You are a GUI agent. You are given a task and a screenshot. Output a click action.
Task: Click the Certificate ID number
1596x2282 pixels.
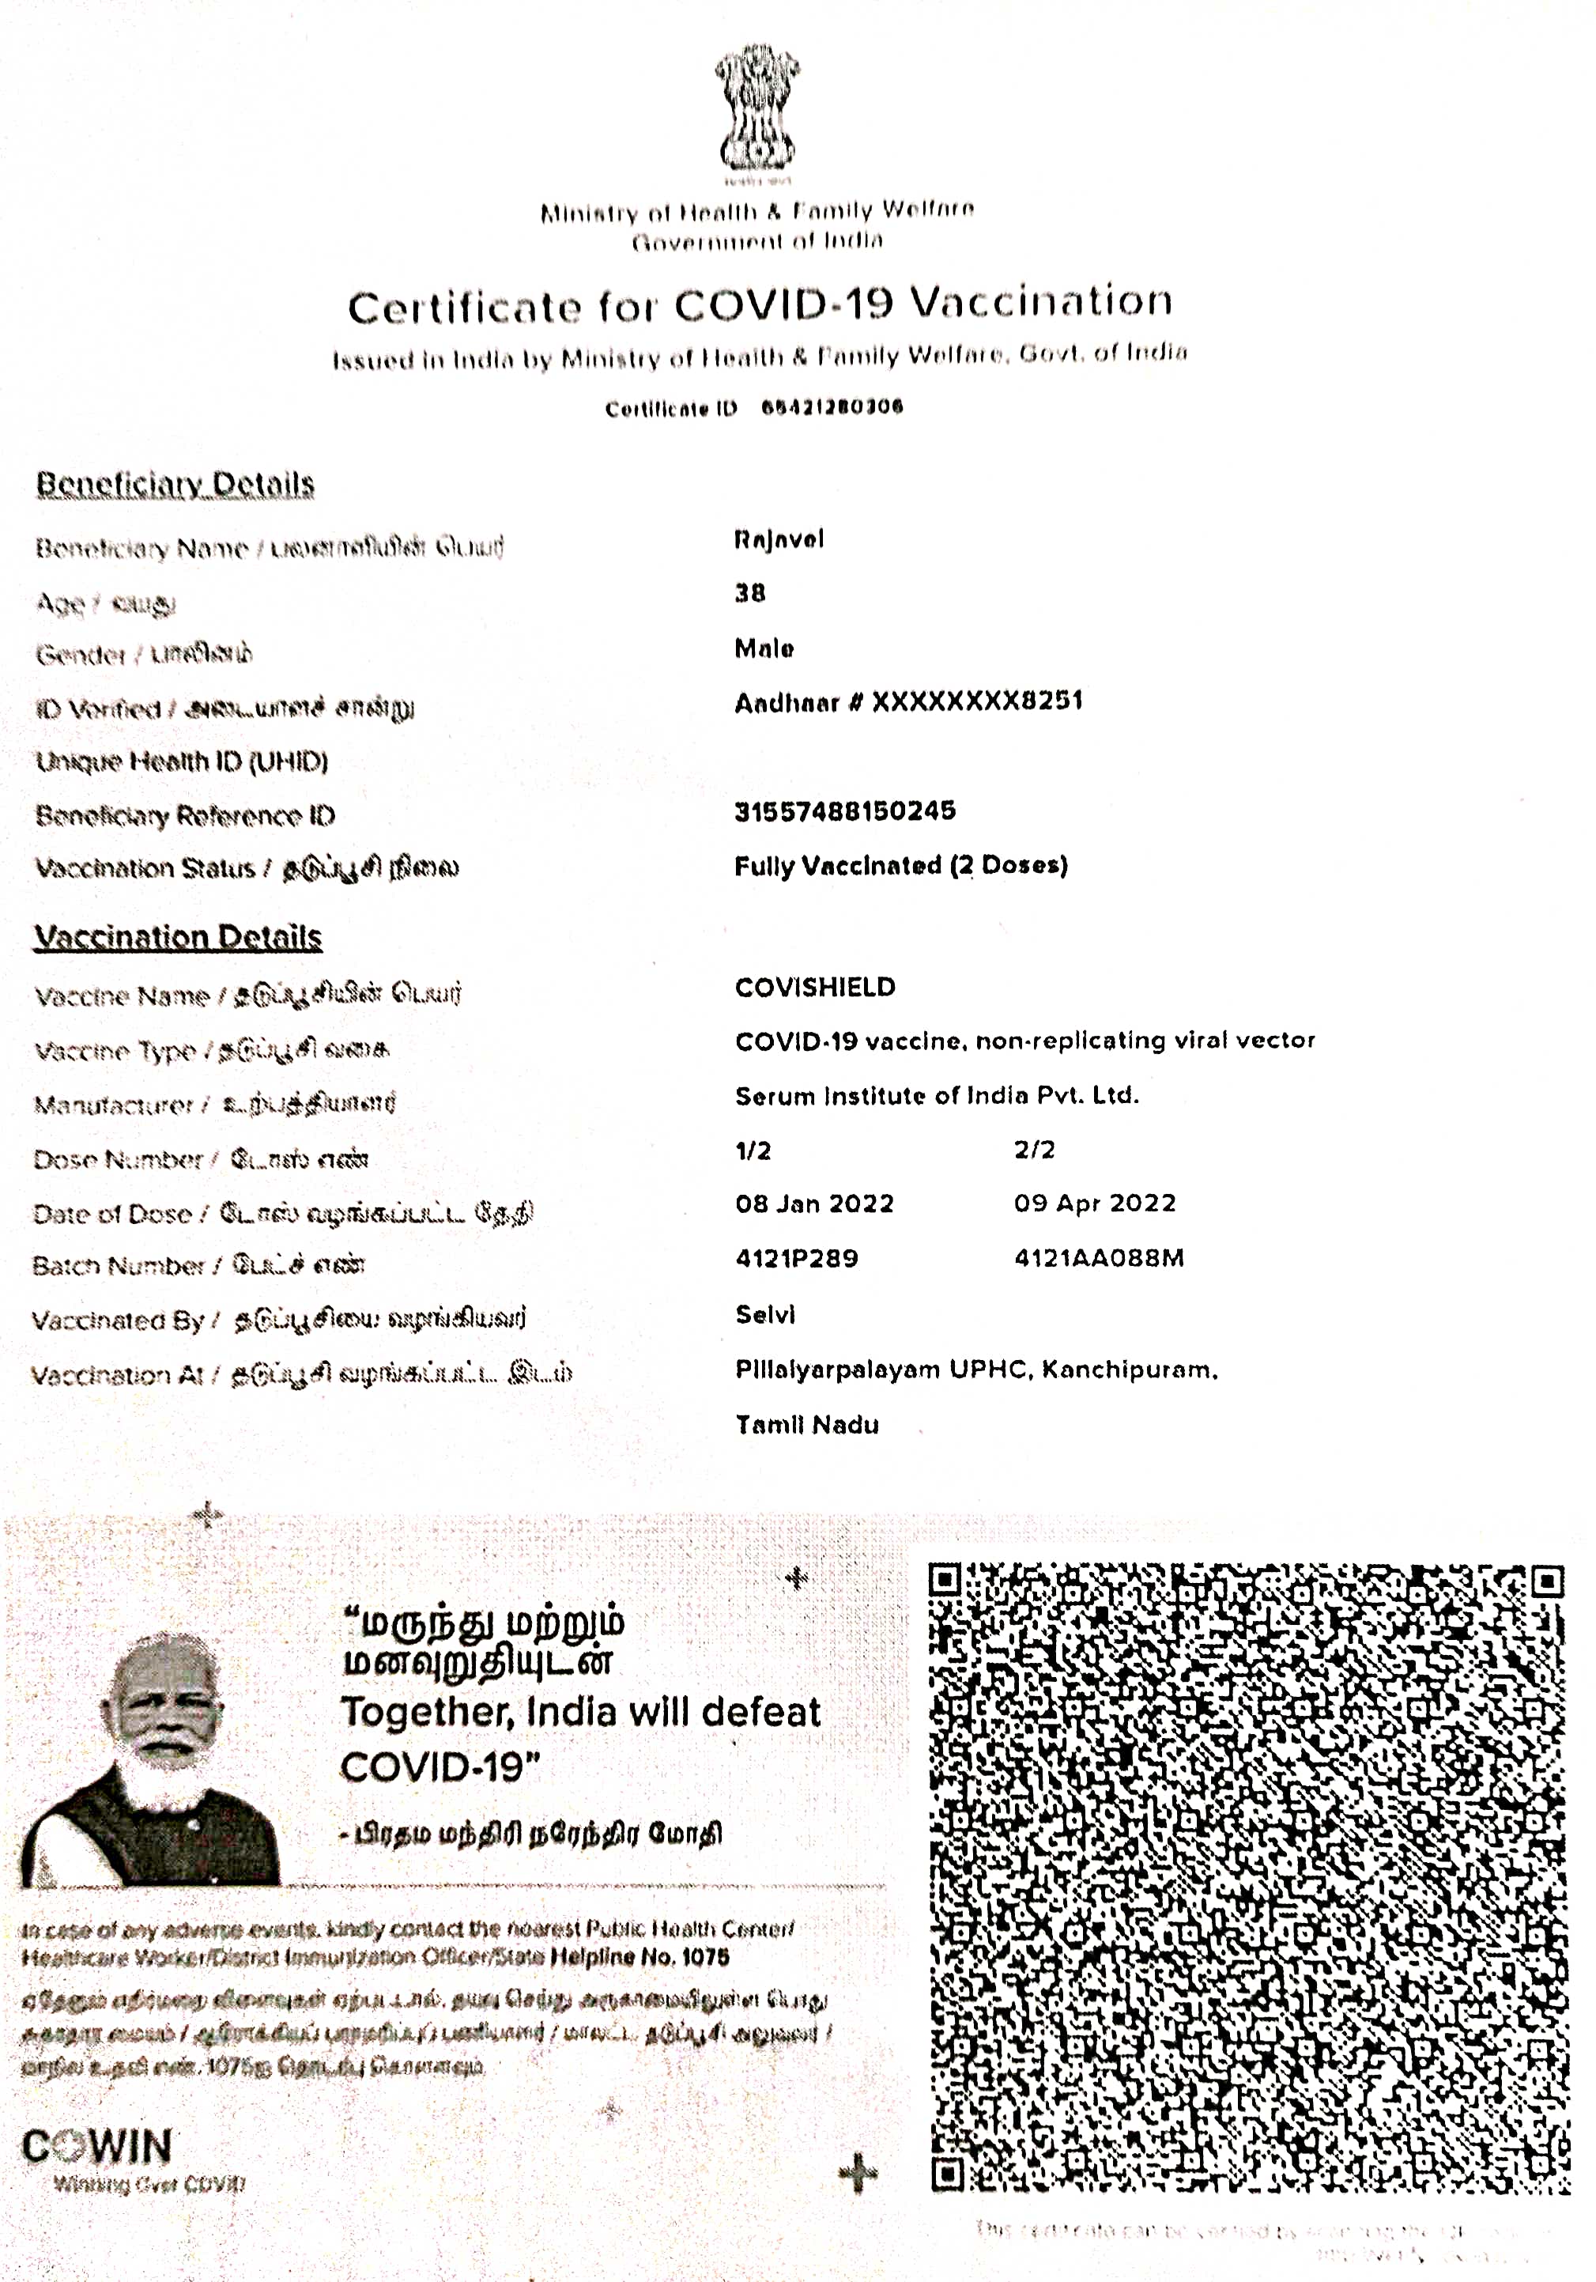coord(832,406)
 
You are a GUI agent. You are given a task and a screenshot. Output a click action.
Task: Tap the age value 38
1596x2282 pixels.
coord(750,593)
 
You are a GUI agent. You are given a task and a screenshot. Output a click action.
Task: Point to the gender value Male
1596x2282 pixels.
coord(764,649)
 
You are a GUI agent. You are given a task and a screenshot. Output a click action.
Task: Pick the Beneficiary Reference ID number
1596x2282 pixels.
coord(845,811)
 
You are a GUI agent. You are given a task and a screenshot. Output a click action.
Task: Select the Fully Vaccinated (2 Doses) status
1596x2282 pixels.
coord(900,866)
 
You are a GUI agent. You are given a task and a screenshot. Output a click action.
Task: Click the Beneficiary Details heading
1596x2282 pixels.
coord(175,484)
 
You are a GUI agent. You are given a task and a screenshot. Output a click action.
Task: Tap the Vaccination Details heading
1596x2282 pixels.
coord(178,937)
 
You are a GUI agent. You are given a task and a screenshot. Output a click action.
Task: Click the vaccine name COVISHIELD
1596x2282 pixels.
coord(815,987)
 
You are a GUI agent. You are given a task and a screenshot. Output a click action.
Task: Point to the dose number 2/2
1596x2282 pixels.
coord(1035,1150)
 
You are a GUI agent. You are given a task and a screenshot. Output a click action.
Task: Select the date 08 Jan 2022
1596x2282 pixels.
coord(814,1203)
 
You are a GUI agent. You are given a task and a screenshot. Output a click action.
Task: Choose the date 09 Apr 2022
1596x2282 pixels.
coord(1094,1203)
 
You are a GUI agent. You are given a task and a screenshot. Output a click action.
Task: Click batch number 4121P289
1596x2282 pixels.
coord(796,1258)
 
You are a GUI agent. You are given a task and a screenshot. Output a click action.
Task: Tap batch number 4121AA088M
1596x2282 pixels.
coord(1098,1258)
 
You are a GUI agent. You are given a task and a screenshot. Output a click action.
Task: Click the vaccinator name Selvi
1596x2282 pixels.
coord(765,1314)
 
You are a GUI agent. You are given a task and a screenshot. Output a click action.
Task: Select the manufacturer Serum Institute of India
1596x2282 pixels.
coord(936,1095)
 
